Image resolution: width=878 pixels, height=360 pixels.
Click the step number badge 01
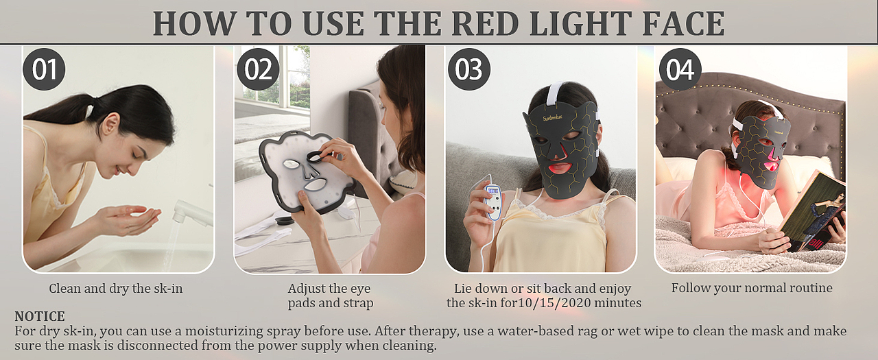[x=45, y=69]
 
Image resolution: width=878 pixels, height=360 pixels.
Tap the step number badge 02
[x=258, y=69]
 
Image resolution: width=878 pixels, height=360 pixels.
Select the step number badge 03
[x=469, y=69]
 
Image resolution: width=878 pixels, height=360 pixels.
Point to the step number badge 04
[x=680, y=69]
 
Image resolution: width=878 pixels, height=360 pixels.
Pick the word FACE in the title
[x=684, y=23]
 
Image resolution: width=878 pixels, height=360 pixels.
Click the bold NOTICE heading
[x=40, y=316]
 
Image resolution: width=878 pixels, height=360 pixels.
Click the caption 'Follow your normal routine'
[x=752, y=288]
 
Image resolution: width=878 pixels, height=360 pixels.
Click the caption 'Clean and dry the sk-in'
[x=116, y=289]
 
